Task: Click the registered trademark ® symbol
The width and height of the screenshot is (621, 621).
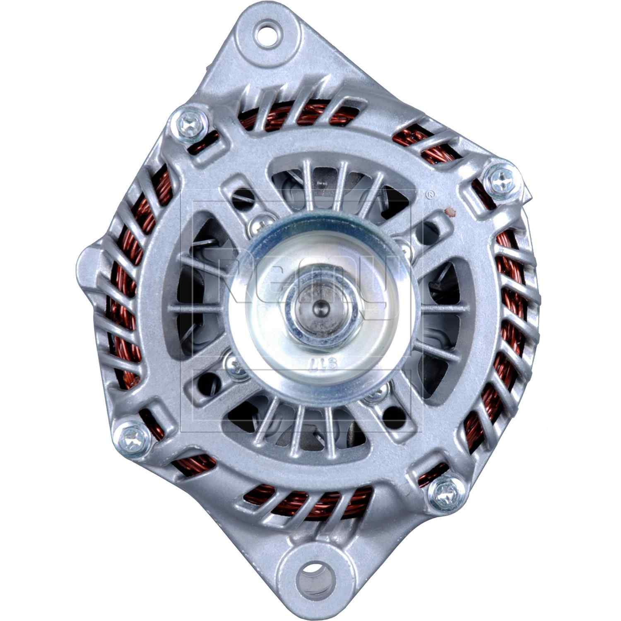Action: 431,193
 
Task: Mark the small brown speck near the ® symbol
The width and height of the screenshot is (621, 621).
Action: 448,213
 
